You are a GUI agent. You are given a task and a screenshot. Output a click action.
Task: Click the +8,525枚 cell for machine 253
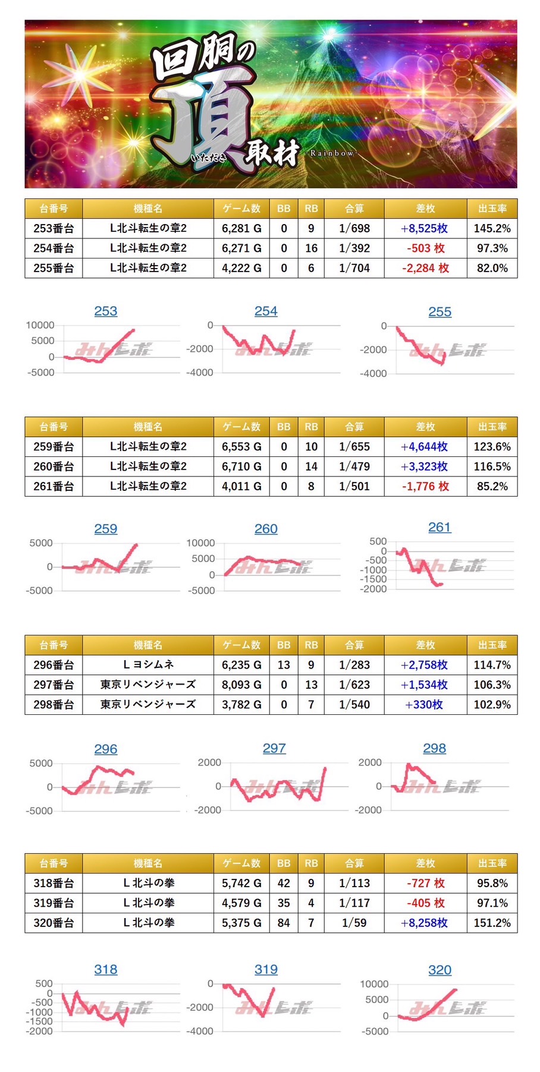point(425,228)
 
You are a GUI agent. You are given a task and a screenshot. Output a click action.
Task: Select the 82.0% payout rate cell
point(492,268)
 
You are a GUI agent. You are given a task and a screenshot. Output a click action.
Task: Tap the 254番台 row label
point(54,248)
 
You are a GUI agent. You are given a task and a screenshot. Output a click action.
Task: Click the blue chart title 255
point(439,312)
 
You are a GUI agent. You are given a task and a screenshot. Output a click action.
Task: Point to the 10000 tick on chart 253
point(40,325)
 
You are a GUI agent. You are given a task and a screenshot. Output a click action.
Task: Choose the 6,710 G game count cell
point(241,466)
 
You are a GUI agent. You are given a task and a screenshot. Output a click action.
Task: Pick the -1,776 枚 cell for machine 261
point(425,486)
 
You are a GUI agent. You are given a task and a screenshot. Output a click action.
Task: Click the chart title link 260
point(266,529)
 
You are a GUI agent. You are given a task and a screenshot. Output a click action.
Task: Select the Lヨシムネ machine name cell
point(148,665)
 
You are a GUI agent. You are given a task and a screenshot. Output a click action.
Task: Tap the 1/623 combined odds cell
point(354,685)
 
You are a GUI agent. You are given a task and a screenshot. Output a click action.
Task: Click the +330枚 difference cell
point(425,705)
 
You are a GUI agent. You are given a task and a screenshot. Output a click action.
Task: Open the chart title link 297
point(274,749)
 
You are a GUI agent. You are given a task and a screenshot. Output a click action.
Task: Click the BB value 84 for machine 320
point(284,923)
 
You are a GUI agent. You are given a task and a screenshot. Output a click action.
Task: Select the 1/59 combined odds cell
point(354,923)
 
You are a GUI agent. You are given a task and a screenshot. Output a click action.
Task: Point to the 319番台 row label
point(54,903)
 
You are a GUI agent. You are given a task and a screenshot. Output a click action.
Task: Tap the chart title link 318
point(106,970)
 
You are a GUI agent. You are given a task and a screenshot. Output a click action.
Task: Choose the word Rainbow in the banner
point(331,153)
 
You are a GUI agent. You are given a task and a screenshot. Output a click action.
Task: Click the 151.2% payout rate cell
point(492,923)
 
